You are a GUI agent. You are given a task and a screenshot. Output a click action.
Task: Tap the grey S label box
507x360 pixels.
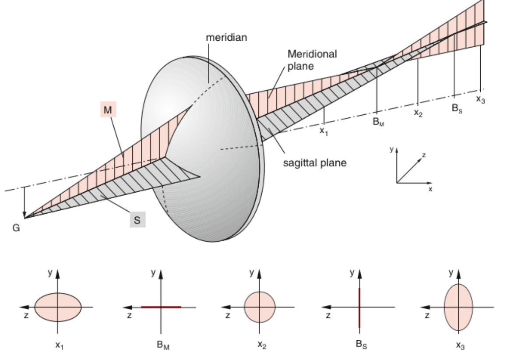tap(137, 221)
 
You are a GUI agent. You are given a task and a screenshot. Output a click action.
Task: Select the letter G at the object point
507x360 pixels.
tap(16, 228)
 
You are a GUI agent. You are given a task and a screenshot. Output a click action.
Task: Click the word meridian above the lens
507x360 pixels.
tap(226, 37)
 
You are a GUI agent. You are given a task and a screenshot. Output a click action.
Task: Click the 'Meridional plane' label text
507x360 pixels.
tap(306, 60)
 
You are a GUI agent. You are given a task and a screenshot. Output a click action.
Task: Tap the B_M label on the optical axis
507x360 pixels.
tap(378, 122)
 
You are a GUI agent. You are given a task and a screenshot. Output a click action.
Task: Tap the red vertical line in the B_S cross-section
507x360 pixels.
tap(359, 307)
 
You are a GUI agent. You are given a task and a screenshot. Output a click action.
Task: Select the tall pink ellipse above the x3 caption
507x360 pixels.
tap(459, 307)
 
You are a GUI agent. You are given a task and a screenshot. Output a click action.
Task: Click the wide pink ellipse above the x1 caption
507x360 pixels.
tap(58, 307)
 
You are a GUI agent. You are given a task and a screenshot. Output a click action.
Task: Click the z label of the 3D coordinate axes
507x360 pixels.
tap(424, 155)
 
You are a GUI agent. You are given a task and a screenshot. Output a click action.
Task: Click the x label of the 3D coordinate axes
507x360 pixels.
tap(430, 189)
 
